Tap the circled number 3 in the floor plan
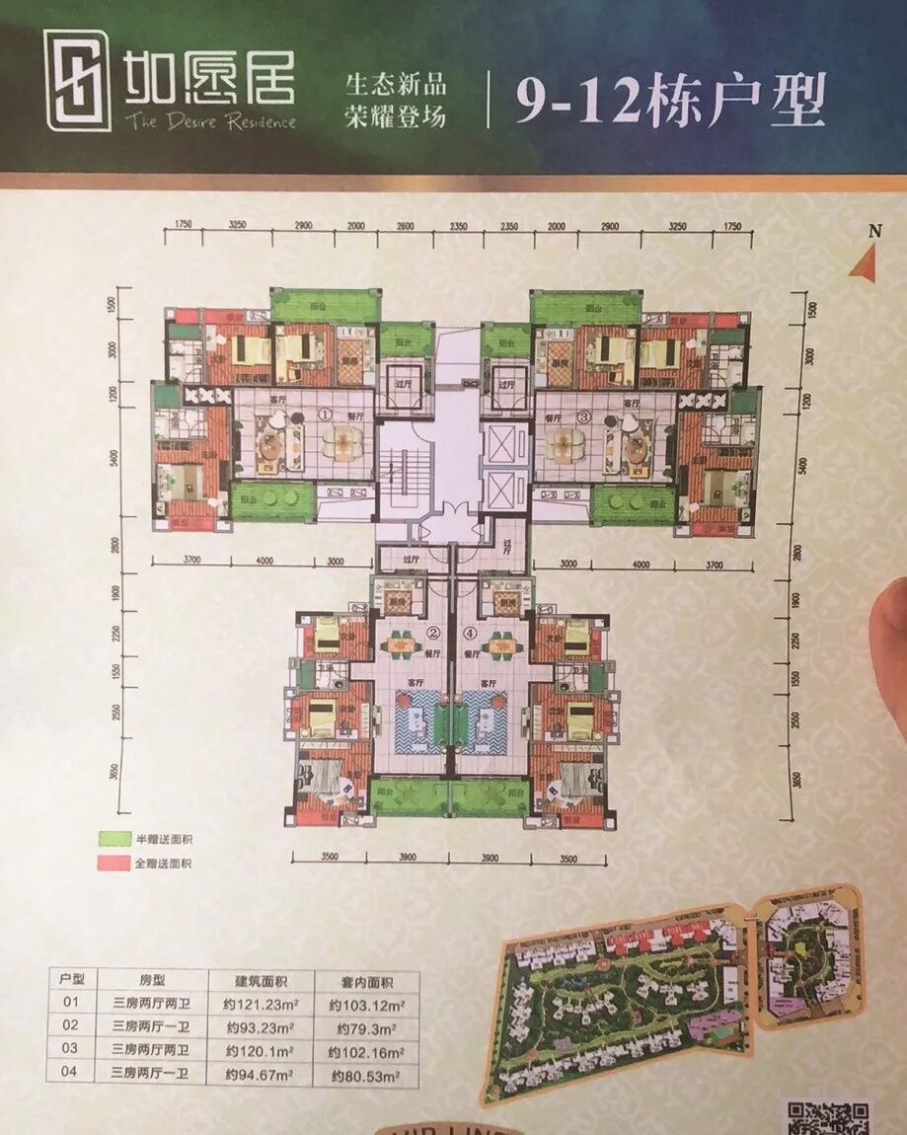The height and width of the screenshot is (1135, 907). (584, 416)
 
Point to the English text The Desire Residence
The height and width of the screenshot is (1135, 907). (209, 121)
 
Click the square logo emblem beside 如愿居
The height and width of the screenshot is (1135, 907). (77, 79)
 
